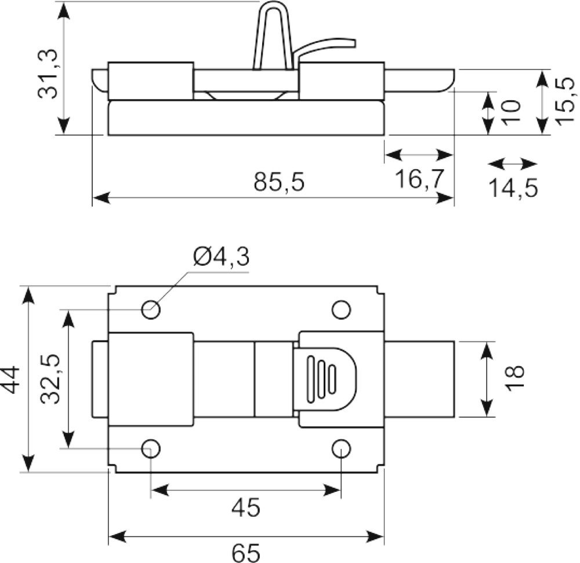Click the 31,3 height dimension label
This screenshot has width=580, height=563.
(48, 74)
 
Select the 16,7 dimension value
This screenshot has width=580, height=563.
(419, 179)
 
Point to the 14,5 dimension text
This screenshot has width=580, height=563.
(513, 188)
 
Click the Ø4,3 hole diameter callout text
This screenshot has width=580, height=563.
(221, 257)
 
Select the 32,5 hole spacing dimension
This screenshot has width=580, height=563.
(50, 379)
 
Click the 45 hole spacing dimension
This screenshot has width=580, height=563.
(246, 507)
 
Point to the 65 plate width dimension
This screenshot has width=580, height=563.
(246, 553)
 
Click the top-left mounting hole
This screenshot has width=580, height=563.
(151, 309)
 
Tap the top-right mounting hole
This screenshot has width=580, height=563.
(342, 309)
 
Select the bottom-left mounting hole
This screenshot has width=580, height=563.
(151, 448)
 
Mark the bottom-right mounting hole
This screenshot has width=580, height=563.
(341, 448)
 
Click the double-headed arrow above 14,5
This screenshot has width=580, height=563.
(512, 163)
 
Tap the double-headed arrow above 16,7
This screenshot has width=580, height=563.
(419, 155)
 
